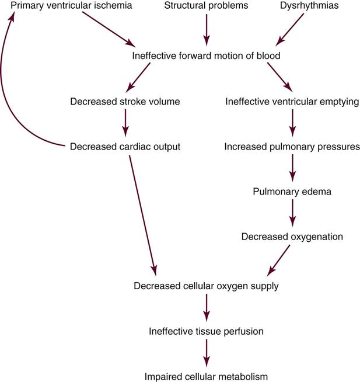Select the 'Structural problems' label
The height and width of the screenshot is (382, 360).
(x=206, y=6)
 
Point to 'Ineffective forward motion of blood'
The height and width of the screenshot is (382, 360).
(x=206, y=56)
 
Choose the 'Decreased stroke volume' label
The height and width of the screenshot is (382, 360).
(x=125, y=101)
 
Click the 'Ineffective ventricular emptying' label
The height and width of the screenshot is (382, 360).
(x=292, y=101)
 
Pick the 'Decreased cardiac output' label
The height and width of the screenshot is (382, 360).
(x=125, y=146)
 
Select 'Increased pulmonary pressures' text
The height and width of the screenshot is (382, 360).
(x=292, y=146)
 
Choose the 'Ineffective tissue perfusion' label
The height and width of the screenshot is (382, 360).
(x=206, y=331)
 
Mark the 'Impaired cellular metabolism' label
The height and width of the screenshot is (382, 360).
(x=206, y=376)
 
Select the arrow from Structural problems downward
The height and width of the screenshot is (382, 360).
(x=206, y=29)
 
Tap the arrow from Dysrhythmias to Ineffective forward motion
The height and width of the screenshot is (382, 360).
(x=290, y=29)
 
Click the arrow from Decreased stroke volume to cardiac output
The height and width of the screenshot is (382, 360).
(x=125, y=123)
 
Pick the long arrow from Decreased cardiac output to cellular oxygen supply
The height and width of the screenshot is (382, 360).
(x=141, y=213)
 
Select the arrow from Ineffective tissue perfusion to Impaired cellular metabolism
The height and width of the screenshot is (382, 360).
(x=206, y=353)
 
